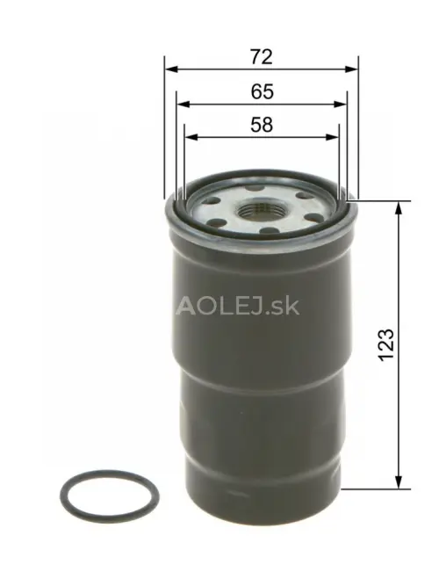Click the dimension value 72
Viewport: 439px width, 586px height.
(261, 57)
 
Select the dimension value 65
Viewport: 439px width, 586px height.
(261, 90)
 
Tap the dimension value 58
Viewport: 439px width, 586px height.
(261, 125)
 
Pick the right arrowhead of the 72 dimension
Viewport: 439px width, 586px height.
(354, 69)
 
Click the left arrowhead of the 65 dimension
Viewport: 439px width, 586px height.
(181, 103)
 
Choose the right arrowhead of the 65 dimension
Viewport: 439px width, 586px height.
(343, 103)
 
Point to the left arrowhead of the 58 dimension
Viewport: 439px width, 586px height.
(190, 137)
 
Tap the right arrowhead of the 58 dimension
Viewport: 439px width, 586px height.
(334, 137)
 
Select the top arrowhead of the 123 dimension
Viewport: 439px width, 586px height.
(400, 207)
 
